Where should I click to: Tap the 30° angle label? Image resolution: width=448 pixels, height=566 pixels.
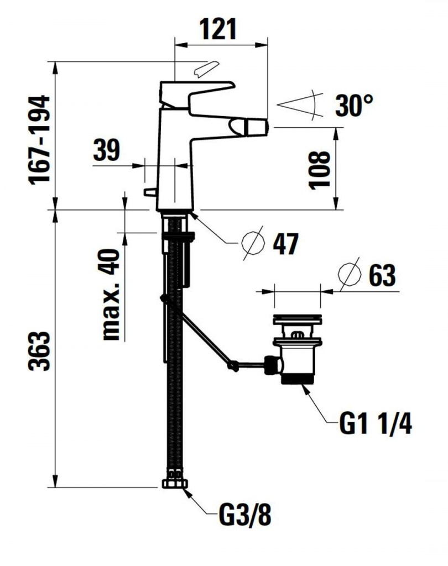(354, 106)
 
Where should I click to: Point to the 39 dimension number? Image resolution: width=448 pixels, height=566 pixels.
(106, 150)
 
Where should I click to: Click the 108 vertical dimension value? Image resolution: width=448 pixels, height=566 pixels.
(320, 170)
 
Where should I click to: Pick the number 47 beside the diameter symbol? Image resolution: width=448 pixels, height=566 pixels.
(285, 244)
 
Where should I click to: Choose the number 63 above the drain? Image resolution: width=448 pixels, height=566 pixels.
(382, 275)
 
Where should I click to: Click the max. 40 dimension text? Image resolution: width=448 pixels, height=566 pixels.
(111, 295)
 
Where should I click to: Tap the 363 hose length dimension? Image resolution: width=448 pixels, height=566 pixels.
(39, 350)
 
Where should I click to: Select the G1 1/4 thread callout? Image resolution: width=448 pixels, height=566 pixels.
(376, 423)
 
